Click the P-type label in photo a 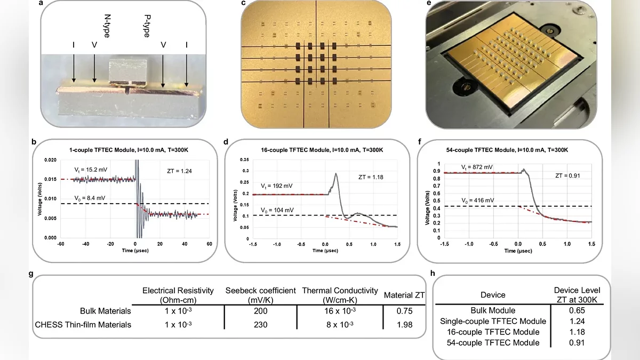pyautogui.click(x=146, y=26)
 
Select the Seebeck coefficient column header pyautogui.click(x=260, y=294)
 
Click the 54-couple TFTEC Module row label pyautogui.click(x=493, y=342)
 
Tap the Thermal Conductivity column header pyautogui.click(x=340, y=294)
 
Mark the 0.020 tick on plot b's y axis pyautogui.click(x=51, y=160)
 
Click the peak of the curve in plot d pyautogui.click(x=335, y=173)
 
